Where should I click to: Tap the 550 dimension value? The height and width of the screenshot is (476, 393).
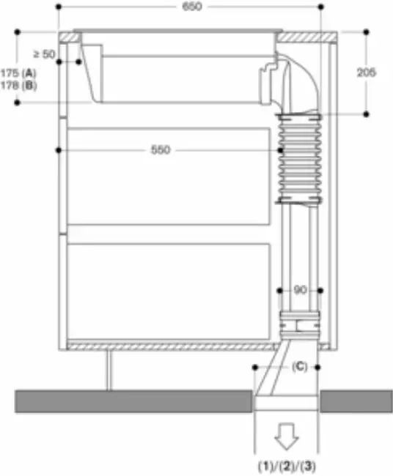[161, 150]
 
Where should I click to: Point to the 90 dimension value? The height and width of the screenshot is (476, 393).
[300, 290]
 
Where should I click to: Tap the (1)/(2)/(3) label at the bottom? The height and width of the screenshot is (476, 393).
[287, 464]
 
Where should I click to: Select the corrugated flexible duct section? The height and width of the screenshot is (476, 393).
[299, 157]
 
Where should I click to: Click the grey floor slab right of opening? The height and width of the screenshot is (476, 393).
[355, 401]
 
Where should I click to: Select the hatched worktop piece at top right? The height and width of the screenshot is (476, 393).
[308, 37]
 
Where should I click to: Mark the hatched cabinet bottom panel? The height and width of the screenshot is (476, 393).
[169, 345]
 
